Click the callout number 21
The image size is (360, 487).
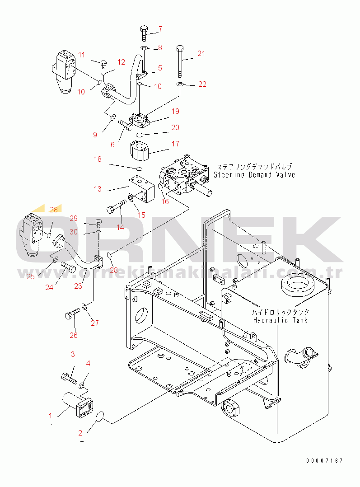coord(201,53)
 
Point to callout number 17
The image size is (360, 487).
coord(175,144)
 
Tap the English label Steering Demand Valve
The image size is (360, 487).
coord(255,175)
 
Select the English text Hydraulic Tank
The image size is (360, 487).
coord(280,320)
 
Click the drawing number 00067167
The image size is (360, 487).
coord(324,461)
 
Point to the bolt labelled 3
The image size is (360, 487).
coord(68,375)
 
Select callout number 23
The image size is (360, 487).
coord(79,286)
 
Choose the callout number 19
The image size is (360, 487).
coord(175,111)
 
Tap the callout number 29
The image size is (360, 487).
coord(74,218)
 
